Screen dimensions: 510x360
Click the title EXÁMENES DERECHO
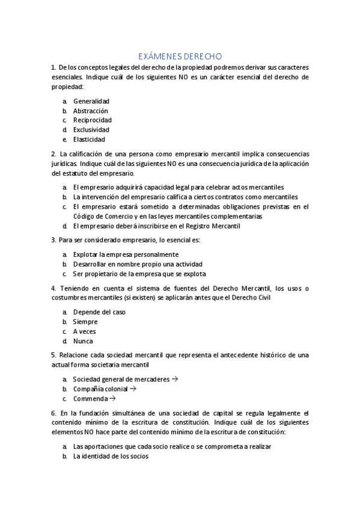coord(180,56)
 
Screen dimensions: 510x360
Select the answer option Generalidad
coord(91,102)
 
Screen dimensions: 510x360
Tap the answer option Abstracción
coord(91,111)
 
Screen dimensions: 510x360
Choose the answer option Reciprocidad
coord(92,120)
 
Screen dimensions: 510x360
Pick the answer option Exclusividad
coord(91,129)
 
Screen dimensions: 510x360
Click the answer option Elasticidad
coord(89,139)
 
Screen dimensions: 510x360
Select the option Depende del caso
coord(99,312)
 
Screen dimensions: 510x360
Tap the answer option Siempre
coord(85,322)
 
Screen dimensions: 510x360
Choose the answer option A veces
coord(85,331)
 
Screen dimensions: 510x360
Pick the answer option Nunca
coord(84,341)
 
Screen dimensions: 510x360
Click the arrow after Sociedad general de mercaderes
coord(175,379)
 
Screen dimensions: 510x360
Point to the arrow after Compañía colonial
coord(133,389)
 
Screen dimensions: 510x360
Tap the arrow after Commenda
coord(112,398)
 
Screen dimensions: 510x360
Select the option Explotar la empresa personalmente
coord(126,254)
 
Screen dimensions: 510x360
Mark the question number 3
coord(53,240)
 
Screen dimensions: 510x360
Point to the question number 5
coord(53,355)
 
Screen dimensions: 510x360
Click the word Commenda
coord(91,398)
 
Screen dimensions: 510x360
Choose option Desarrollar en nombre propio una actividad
coord(138,264)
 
